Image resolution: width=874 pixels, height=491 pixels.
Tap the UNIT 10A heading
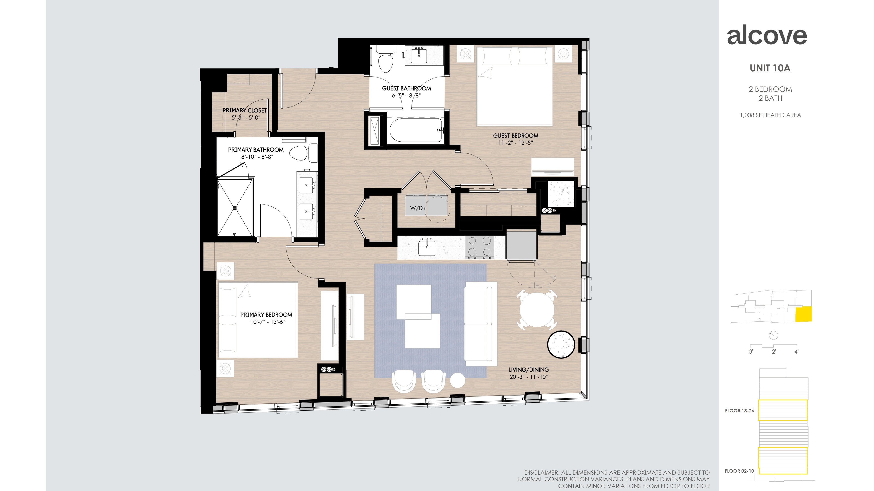coord(770,68)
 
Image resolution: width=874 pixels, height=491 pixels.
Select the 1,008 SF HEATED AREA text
coord(770,115)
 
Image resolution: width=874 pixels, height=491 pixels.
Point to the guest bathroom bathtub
coord(416,130)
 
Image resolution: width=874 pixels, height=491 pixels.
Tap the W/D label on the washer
coord(416,208)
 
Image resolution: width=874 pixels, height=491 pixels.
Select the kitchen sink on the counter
coord(427,248)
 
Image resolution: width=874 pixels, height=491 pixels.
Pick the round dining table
coord(537,310)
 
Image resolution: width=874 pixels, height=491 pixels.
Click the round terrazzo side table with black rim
coord(561,344)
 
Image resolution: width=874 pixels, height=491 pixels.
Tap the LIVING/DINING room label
coord(528,370)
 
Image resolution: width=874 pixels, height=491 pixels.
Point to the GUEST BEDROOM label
coord(516,135)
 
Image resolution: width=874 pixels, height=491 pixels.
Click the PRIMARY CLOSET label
coord(245,110)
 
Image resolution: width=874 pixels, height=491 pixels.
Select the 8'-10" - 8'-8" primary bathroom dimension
coord(257,157)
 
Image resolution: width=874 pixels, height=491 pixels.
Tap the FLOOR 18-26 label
coord(739,411)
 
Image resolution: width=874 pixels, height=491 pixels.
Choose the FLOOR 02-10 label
coord(739,471)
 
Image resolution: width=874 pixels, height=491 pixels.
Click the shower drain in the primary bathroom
coord(234,208)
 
